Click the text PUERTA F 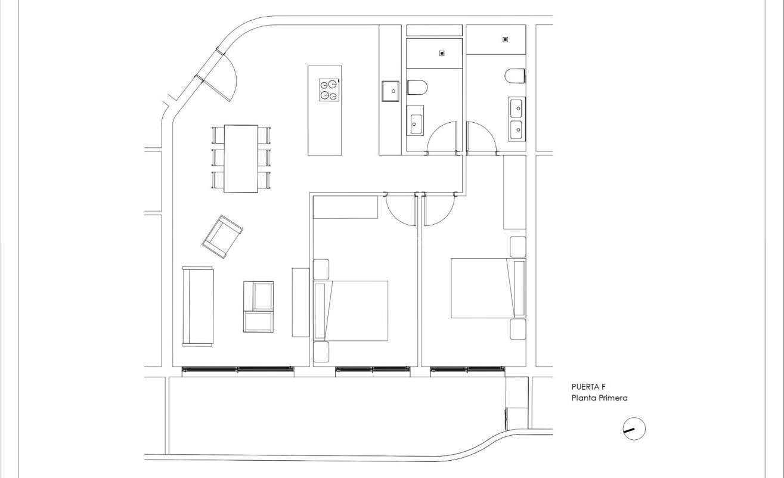click(x=588, y=387)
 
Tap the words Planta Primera click(x=599, y=398)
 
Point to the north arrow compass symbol click(x=634, y=429)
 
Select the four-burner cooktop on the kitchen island click(x=329, y=90)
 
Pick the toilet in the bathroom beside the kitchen click(x=418, y=88)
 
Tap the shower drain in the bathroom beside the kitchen click(x=442, y=54)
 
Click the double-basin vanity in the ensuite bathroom click(x=516, y=119)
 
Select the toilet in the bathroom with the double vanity click(x=515, y=76)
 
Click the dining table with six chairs click(x=241, y=158)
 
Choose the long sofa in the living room click(x=197, y=306)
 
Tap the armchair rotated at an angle click(x=222, y=237)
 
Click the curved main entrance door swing click(x=224, y=78)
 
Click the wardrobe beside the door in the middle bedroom click(x=345, y=207)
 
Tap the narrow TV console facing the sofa click(x=300, y=302)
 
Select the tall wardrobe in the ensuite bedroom click(x=515, y=192)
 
